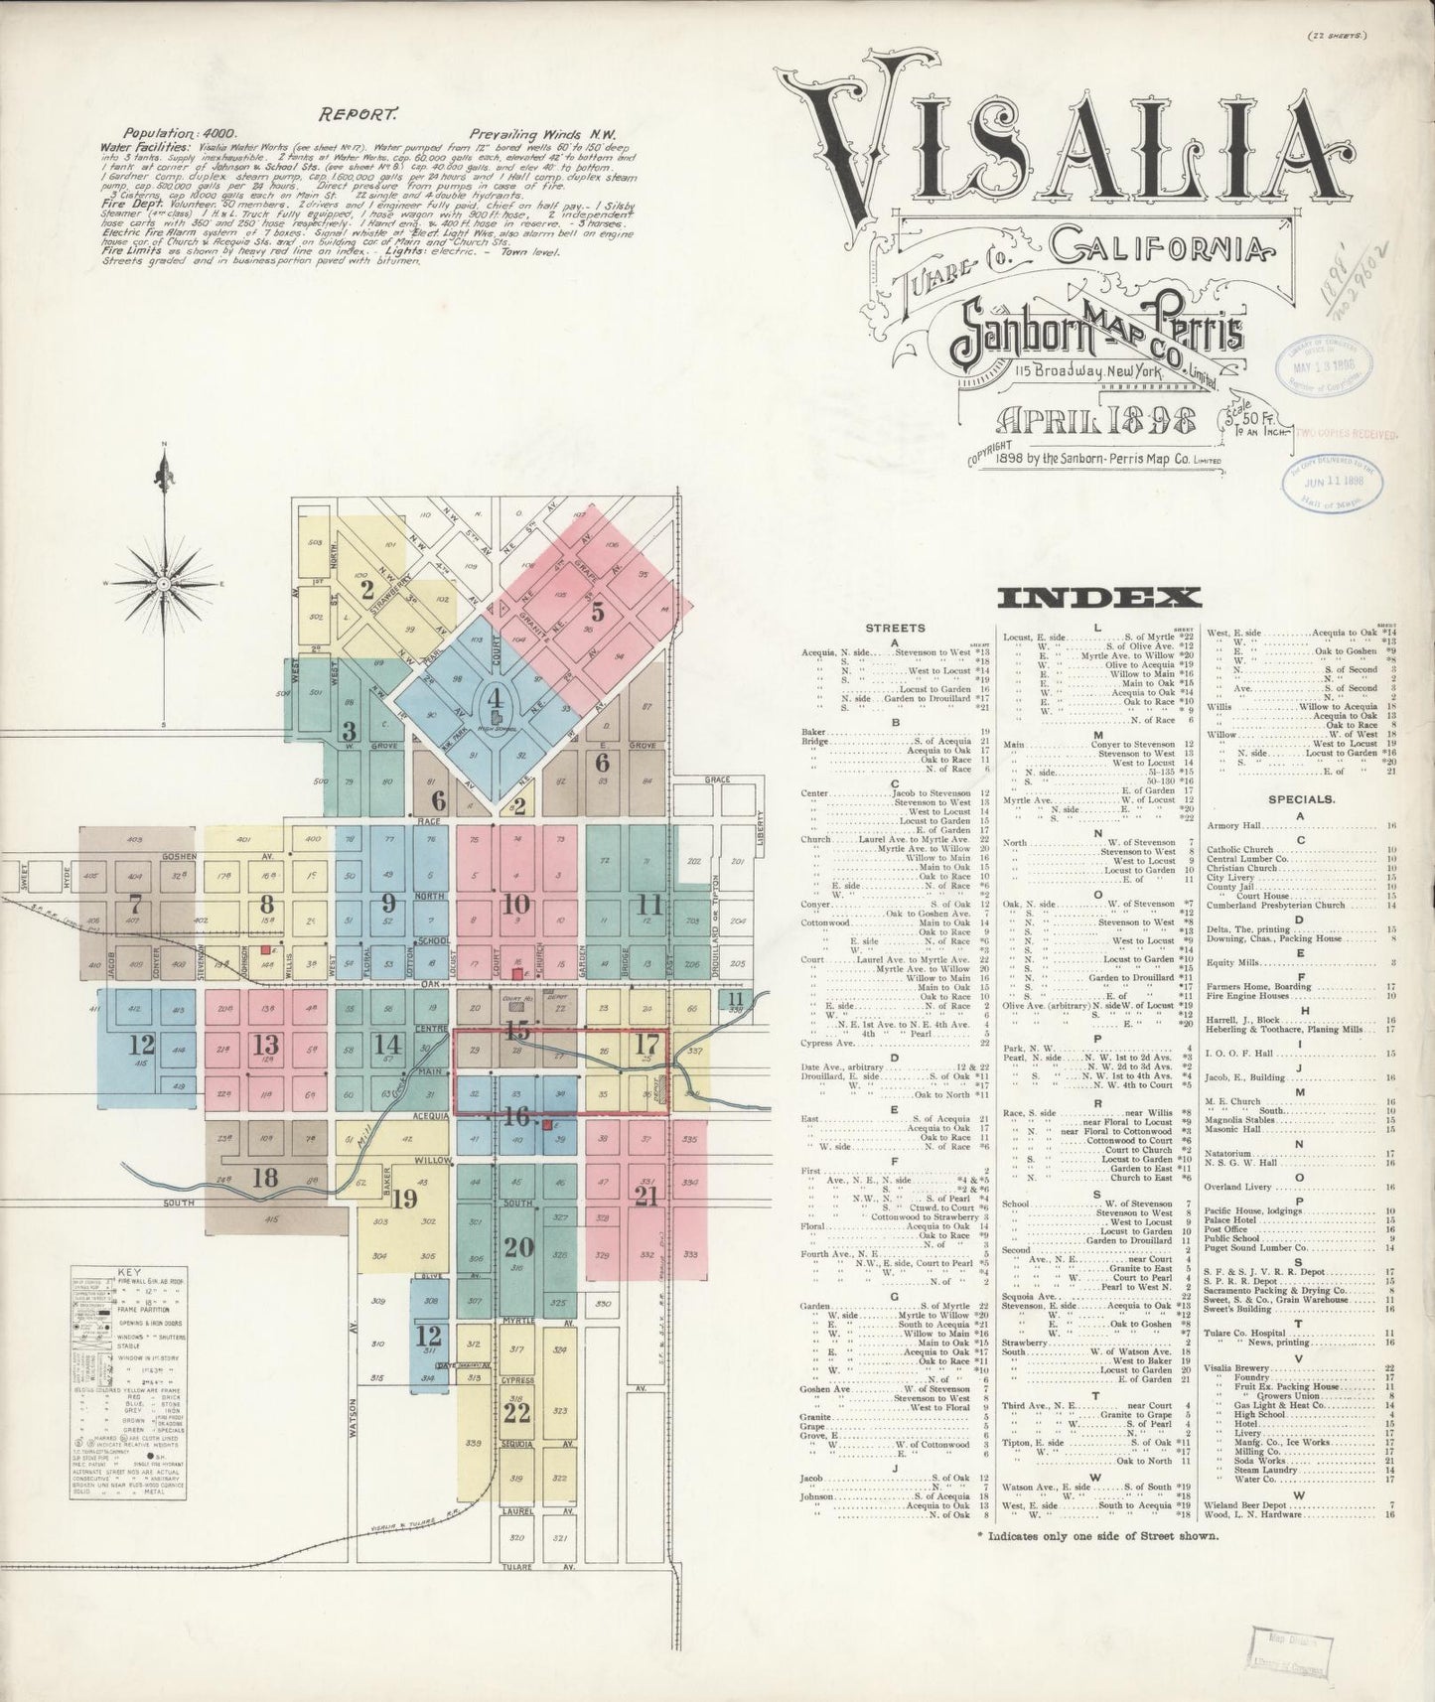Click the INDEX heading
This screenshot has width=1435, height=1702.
click(x=1099, y=597)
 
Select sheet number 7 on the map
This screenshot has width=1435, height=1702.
click(x=136, y=905)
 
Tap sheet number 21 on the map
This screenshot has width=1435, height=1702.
click(x=646, y=1196)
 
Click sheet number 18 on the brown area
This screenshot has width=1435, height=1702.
click(x=265, y=1178)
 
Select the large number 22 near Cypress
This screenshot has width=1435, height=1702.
click(x=516, y=1411)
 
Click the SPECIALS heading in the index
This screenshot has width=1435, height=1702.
click(x=1301, y=797)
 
